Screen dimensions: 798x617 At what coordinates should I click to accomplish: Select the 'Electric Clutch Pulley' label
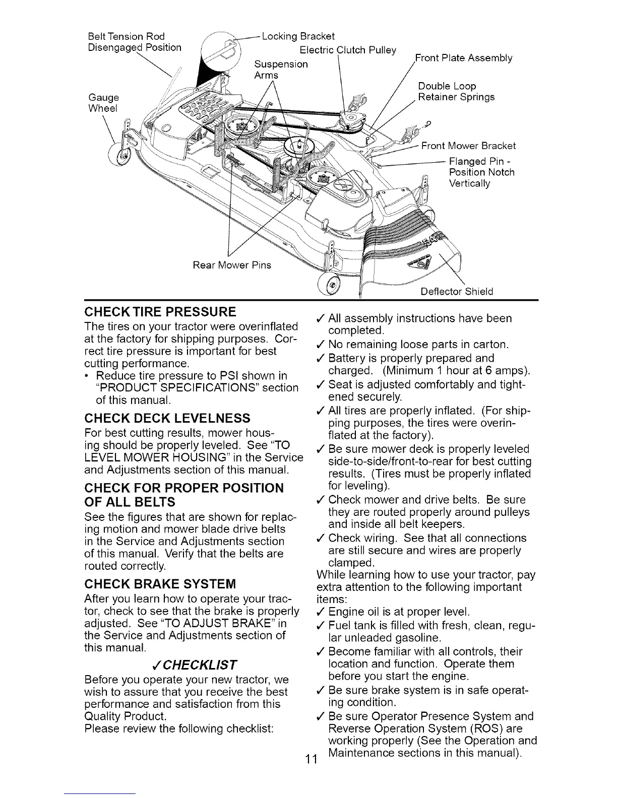coord(348,50)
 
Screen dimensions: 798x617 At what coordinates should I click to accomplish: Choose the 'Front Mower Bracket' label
coord(468,146)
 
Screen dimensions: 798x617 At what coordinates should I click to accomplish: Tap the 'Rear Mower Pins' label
coord(232,265)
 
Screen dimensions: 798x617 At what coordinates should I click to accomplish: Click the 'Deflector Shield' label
coord(457,291)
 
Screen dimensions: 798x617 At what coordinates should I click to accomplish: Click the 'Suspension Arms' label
coord(281,70)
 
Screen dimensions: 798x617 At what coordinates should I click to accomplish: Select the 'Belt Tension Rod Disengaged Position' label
coord(134,42)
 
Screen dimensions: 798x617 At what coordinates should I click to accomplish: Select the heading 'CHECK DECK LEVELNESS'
coord(167,418)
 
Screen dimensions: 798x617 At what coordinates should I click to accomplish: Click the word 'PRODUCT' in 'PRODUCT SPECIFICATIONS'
coord(125,388)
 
